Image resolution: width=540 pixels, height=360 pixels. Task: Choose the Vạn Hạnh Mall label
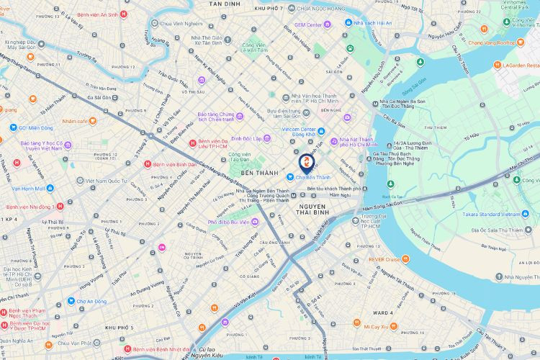[28, 188]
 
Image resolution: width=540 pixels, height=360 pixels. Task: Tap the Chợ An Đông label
[92, 301]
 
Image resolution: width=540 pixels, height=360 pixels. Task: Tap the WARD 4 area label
[383, 313]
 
